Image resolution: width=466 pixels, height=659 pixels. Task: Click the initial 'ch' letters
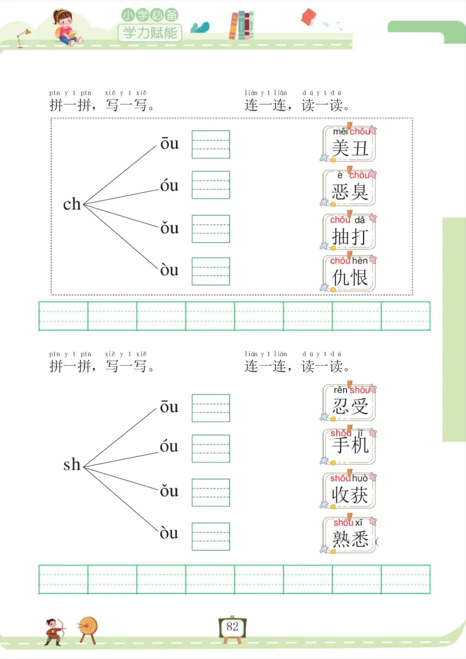point(72,204)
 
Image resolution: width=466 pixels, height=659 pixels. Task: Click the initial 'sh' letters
point(72,465)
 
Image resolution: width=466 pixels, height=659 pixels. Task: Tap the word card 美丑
point(349,144)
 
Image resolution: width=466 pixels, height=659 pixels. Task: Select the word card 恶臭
point(349,187)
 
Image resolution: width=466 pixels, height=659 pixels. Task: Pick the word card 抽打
point(349,232)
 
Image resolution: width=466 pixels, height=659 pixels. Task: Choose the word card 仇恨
point(349,272)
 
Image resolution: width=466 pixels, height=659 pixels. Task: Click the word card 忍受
point(349,402)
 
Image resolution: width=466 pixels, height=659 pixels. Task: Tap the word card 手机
point(349,446)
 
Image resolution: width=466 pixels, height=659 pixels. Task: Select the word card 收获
point(349,490)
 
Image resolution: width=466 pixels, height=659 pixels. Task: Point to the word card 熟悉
point(349,534)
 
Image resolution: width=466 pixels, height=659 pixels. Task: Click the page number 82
point(232,627)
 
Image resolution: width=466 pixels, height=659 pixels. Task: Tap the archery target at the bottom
point(89,627)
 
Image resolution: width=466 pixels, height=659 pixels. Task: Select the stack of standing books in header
point(242,25)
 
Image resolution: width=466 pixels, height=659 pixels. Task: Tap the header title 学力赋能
point(150,32)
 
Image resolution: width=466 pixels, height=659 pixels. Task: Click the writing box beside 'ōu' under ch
point(211,144)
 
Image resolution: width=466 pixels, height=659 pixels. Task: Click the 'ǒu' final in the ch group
point(170,228)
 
